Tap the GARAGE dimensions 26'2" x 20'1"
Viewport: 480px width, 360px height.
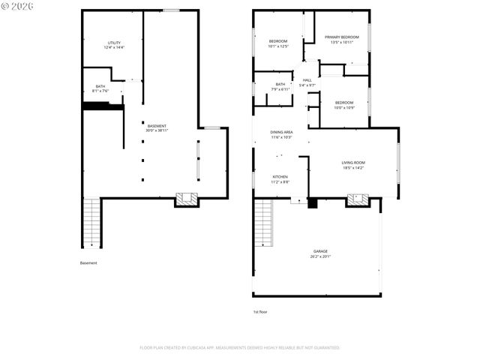click(320, 256)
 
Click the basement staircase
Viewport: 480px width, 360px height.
click(90, 222)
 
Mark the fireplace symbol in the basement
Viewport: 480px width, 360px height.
click(187, 199)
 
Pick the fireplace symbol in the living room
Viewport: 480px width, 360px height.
click(358, 200)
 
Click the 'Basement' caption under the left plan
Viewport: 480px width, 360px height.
click(88, 263)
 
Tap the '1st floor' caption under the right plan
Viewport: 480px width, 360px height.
click(260, 311)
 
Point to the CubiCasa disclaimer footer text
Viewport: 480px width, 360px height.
click(240, 347)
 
